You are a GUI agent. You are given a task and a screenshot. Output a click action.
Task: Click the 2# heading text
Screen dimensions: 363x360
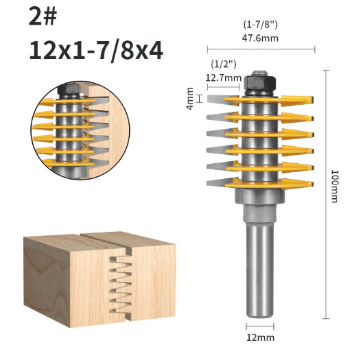click(x=43, y=16)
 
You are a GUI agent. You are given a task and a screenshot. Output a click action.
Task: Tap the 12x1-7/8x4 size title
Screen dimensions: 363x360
click(x=96, y=51)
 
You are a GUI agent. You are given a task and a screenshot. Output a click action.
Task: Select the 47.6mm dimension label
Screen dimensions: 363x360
click(x=260, y=38)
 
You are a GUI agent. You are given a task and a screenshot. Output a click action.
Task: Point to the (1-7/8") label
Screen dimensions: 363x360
click(x=260, y=25)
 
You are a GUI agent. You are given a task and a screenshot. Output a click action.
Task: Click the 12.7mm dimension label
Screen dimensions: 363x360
click(x=224, y=77)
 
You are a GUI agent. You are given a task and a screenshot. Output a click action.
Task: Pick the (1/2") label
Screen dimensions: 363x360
click(x=224, y=64)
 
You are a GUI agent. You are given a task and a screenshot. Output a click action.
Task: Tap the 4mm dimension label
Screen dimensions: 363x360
click(x=190, y=98)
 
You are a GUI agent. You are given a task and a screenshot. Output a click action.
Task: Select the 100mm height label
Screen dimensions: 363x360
click(x=335, y=187)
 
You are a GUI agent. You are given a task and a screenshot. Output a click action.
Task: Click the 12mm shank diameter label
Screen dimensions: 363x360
click(x=260, y=337)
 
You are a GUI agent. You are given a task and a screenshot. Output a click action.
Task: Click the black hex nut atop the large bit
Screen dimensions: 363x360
click(x=260, y=84)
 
